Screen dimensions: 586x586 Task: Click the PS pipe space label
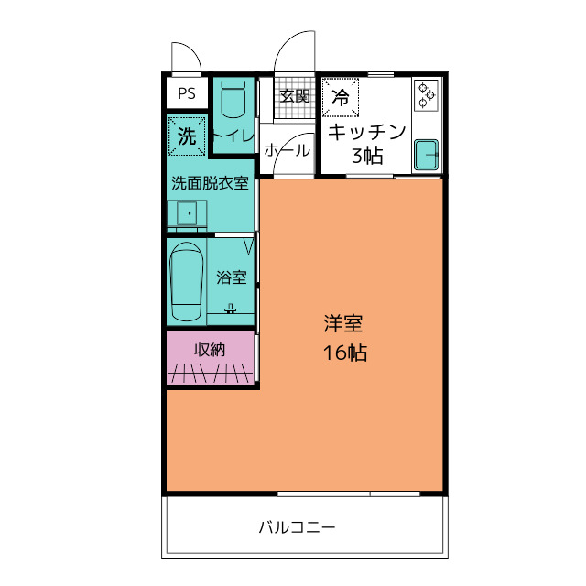(187, 92)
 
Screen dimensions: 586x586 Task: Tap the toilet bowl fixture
(233, 99)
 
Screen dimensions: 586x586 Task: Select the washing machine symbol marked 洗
(187, 137)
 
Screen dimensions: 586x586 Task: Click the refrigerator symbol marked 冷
(341, 95)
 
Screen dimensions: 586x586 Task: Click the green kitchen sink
(427, 155)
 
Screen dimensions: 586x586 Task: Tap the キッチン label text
(366, 131)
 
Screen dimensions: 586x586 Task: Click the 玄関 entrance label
(295, 95)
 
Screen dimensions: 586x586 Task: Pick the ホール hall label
(287, 151)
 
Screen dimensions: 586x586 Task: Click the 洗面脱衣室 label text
(211, 182)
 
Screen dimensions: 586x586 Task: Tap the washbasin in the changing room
(188, 213)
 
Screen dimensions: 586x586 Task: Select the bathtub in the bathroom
(188, 280)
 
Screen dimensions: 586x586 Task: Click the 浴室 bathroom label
(231, 277)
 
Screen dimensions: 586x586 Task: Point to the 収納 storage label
(210, 349)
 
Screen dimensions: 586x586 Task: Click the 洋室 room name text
(343, 323)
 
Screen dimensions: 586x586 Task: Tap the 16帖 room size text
(344, 353)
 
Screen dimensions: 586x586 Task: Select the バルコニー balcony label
(296, 527)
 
